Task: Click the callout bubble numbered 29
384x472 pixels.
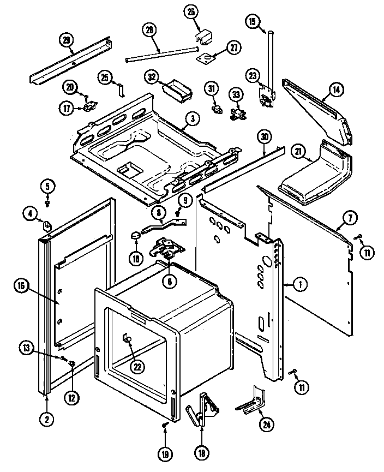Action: click(x=66, y=40)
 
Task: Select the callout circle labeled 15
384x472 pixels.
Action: click(x=252, y=22)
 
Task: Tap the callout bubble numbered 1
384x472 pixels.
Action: click(x=299, y=283)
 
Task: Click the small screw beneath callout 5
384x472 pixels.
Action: click(x=47, y=204)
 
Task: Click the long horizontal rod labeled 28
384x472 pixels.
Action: click(x=161, y=53)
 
